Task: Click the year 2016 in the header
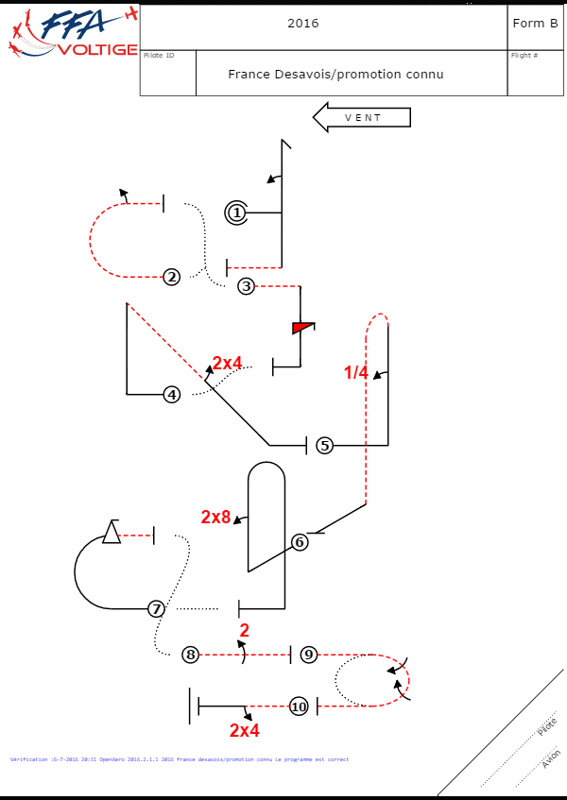click(303, 24)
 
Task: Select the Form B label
click(535, 24)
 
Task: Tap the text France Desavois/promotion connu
click(335, 74)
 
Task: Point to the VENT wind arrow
click(362, 118)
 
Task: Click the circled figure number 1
click(236, 213)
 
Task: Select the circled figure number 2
click(171, 277)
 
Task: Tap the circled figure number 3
click(246, 285)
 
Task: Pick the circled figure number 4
click(171, 394)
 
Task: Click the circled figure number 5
click(324, 445)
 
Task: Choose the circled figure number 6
click(300, 542)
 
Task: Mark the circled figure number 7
click(157, 609)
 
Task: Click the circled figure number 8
click(191, 654)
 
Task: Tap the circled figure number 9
click(309, 654)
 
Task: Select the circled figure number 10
click(299, 706)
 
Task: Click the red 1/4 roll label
click(356, 373)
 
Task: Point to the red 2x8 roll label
click(215, 517)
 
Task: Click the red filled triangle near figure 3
click(301, 328)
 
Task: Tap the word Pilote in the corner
click(546, 726)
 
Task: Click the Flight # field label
click(524, 56)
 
